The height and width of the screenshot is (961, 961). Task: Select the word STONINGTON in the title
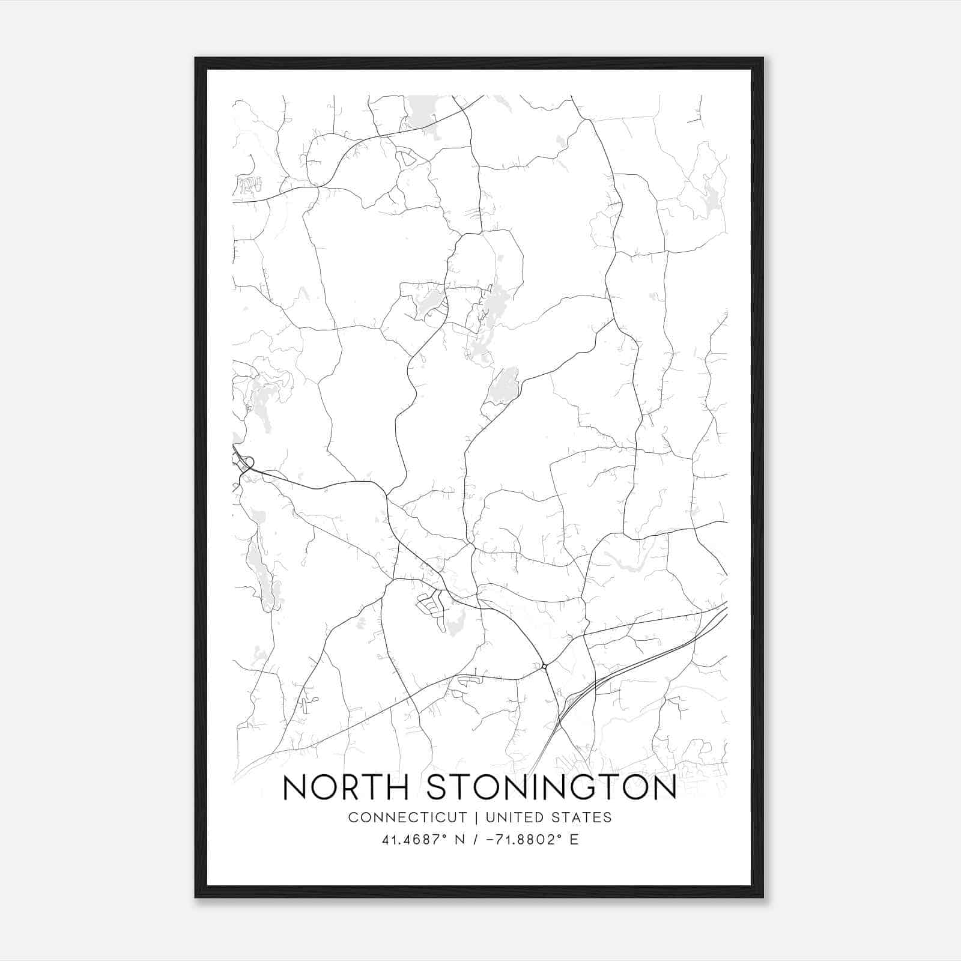pos(551,788)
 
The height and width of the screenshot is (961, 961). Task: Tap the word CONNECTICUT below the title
pos(407,817)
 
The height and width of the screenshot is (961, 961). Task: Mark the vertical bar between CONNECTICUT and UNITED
pos(476,817)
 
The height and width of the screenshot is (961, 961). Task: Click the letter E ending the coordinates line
pos(574,840)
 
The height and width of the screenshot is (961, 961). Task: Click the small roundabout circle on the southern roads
pos(544,665)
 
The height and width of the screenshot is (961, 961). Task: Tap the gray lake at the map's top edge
pos(424,109)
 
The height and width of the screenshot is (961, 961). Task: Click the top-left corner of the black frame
pos(195,58)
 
